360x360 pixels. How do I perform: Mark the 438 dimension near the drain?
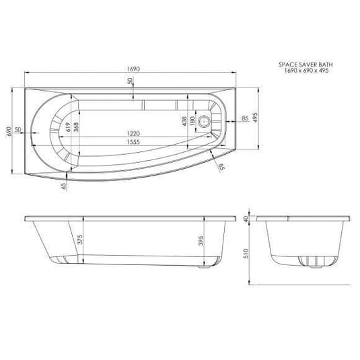point(184,121)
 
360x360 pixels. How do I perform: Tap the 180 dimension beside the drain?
point(192,121)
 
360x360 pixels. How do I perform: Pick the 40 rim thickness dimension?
point(247,219)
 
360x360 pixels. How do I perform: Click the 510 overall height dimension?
point(247,252)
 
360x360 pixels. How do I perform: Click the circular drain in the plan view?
point(217,121)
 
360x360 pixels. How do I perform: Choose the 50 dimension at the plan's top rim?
point(129,81)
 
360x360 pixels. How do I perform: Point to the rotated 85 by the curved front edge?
point(221,166)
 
